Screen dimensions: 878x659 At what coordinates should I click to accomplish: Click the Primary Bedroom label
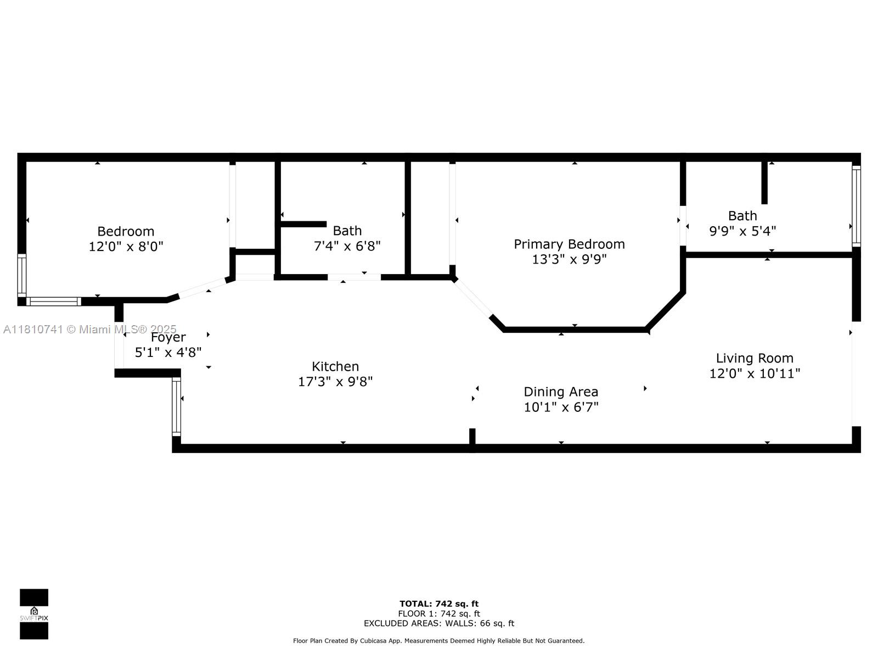[x=569, y=244]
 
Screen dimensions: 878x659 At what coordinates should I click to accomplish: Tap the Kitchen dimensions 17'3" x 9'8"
[x=335, y=382]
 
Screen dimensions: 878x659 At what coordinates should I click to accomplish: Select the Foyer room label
[x=168, y=338]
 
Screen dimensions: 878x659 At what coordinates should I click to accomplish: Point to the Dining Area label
[x=561, y=392]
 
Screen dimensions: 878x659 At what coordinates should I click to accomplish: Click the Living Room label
[x=755, y=358]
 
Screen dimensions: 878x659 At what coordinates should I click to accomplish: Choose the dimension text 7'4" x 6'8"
[x=347, y=246]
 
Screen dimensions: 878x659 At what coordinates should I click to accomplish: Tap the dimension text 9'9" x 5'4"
[x=742, y=231]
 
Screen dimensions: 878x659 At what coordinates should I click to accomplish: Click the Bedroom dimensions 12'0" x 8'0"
[x=126, y=247]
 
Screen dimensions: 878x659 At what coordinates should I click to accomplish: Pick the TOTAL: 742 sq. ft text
[x=439, y=604]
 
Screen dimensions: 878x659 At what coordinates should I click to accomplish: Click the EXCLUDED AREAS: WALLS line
[x=439, y=623]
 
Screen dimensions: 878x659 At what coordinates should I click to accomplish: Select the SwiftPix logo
[x=34, y=614]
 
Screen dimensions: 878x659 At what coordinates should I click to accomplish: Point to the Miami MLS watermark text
[x=89, y=329]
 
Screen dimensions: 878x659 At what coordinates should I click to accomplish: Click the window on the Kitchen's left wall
[x=176, y=406]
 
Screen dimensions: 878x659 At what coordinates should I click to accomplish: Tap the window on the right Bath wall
[x=856, y=206]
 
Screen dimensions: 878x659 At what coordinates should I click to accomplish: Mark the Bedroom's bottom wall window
[x=54, y=301]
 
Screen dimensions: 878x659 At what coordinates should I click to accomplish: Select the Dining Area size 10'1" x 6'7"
[x=561, y=407]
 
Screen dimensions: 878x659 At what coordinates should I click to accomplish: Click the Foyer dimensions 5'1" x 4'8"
[x=168, y=353]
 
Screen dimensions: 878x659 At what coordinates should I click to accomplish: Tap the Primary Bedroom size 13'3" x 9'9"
[x=569, y=259]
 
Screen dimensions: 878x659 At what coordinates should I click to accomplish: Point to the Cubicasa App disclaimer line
[x=439, y=641]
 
